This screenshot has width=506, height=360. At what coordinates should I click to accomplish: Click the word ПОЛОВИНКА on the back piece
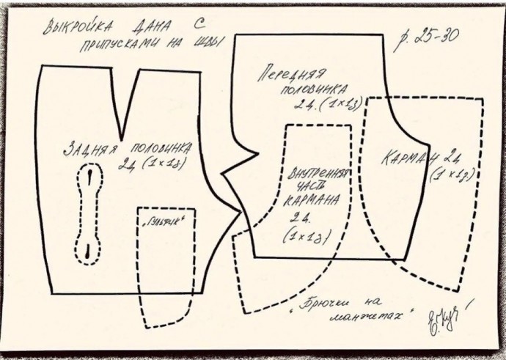point(158,145)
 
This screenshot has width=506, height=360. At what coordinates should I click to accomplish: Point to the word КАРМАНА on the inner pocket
point(314,199)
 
